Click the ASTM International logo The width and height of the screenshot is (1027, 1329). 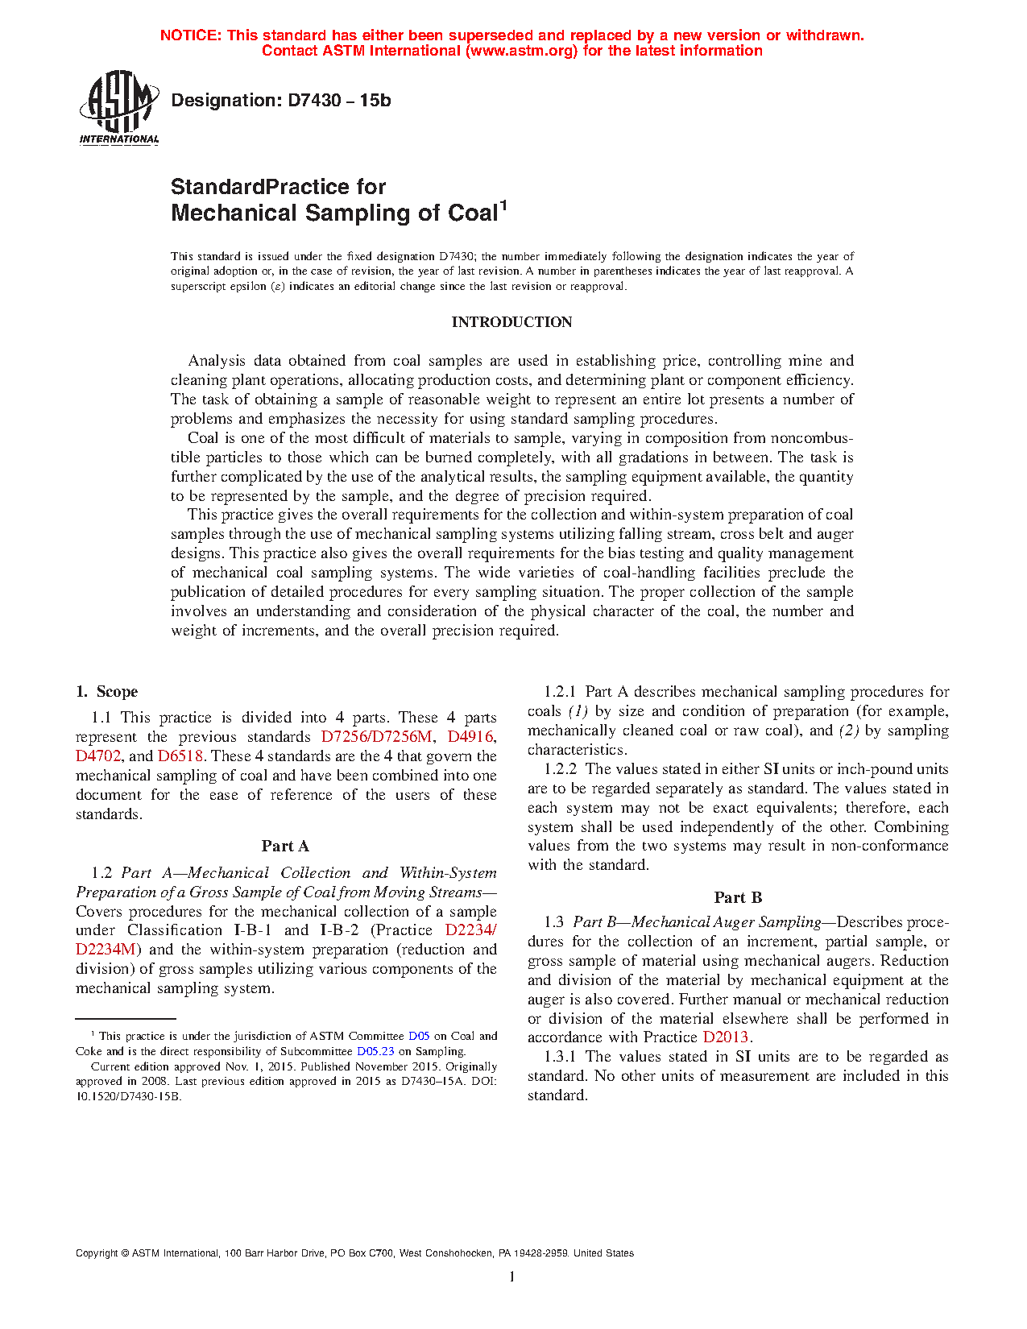[x=119, y=106]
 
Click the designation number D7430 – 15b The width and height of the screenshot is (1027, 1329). [x=339, y=101]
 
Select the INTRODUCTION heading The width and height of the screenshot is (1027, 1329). [x=511, y=322]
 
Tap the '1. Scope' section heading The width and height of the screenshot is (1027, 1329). [x=107, y=692]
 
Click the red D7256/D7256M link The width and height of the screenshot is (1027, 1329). [x=377, y=737]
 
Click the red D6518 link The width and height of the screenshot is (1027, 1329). [x=180, y=756]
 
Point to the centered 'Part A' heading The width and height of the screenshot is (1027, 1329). [x=285, y=847]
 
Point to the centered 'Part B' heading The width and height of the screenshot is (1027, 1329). [x=738, y=898]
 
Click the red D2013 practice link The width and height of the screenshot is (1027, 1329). [x=725, y=1037]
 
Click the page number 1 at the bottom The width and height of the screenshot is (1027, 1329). [x=511, y=1277]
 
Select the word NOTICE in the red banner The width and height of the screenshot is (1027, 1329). [x=189, y=35]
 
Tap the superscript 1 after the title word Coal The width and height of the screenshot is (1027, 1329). [x=503, y=205]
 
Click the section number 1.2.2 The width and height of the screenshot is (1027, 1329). [x=560, y=769]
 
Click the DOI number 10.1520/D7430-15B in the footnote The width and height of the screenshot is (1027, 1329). [x=129, y=1096]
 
